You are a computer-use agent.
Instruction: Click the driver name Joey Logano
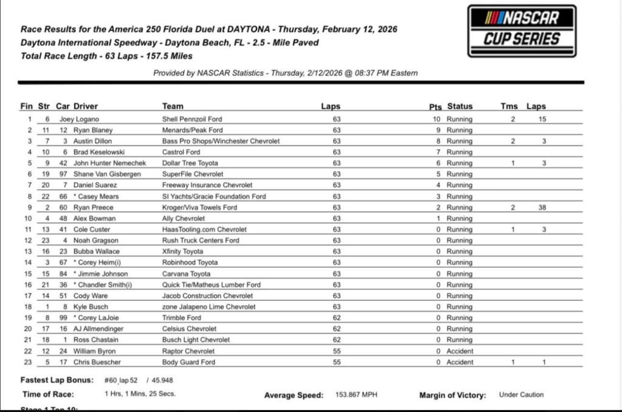coord(79,119)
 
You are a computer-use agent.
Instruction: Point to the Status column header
coord(460,106)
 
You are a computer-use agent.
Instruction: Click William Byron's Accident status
coord(460,351)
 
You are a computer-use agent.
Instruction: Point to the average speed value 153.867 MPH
coord(356,395)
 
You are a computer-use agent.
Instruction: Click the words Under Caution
coord(521,395)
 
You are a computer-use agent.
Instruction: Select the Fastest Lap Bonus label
coord(57,380)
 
